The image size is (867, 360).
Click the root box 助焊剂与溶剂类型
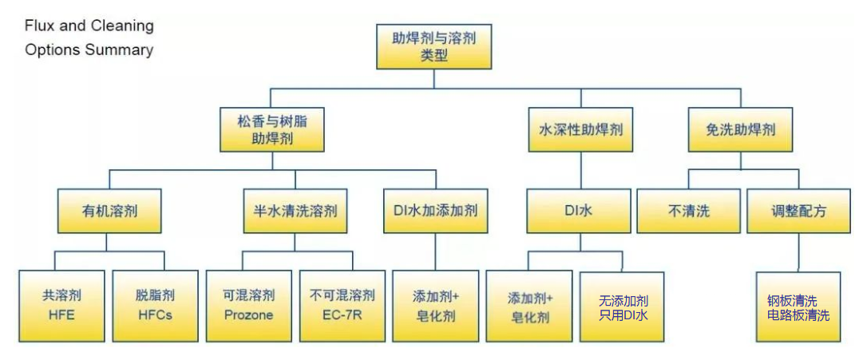[433, 46]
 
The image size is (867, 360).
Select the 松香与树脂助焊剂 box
[272, 130]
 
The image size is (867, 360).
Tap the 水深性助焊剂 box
[580, 130]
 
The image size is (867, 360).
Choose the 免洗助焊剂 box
[741, 130]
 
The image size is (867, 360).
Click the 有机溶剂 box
[109, 211]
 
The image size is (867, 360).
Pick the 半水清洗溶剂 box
[295, 211]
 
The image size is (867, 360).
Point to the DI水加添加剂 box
[435, 211]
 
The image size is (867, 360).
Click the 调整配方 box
[798, 211]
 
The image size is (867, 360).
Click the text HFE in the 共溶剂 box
[61, 315]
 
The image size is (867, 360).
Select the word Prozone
[249, 315]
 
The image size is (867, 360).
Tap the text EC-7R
[342, 315]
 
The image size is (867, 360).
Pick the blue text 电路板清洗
[798, 315]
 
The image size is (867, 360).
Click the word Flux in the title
[39, 26]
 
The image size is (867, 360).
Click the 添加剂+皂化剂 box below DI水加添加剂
[435, 307]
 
